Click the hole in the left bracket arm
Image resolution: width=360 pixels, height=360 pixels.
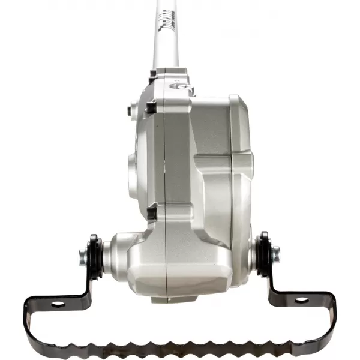[x=58, y=304]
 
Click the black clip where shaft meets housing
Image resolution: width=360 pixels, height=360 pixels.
[x=154, y=74]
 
